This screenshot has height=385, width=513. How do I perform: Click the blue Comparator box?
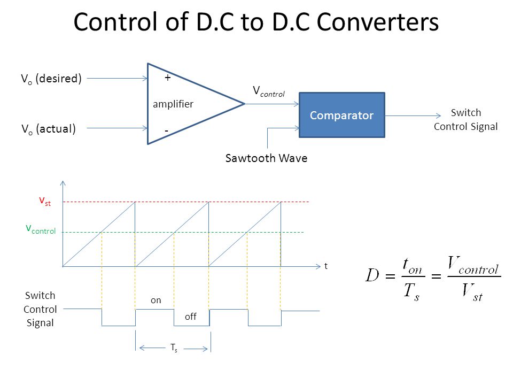point(341,115)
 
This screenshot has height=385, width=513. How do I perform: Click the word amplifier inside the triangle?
point(173,104)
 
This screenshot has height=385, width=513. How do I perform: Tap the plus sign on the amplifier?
point(168,78)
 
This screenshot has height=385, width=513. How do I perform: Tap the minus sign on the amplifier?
point(167,130)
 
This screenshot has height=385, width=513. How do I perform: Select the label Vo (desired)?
point(51,79)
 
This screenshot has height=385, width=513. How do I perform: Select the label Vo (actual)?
point(48,129)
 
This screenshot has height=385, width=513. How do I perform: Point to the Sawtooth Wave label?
point(266,158)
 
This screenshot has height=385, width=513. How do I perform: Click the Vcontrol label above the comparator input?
point(268,92)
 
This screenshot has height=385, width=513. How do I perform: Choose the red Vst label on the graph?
point(44,201)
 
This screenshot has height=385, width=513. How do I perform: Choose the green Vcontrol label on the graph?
point(41,229)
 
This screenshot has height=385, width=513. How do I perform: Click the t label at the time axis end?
point(326,265)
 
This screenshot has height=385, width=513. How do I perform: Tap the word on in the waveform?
point(156,301)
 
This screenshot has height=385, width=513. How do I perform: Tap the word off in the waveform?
point(190,317)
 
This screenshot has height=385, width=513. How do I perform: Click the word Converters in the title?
point(378,22)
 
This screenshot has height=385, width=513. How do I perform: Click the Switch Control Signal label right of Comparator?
point(465,120)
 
